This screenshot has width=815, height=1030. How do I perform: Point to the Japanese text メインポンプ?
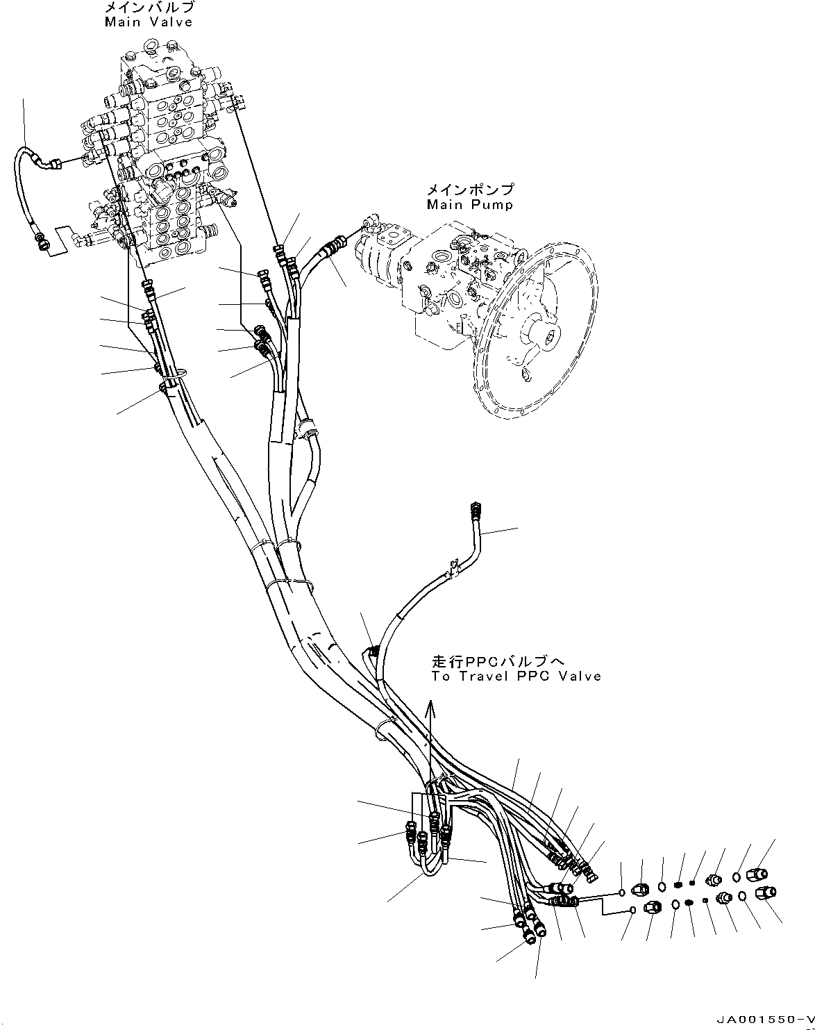coord(470,190)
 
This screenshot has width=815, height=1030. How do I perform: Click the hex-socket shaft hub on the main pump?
coord(551,337)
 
